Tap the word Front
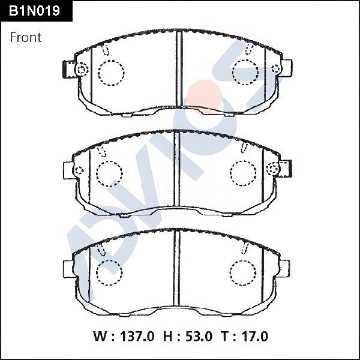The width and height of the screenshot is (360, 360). click(x=26, y=37)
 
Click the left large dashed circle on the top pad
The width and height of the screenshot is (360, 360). click(x=110, y=73)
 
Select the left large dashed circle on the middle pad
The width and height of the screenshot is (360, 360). click(x=109, y=173)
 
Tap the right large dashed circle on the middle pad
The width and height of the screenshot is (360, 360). click(x=244, y=173)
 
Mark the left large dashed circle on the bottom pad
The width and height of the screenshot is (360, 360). click(x=109, y=272)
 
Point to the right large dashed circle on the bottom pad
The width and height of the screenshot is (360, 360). click(x=242, y=272)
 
